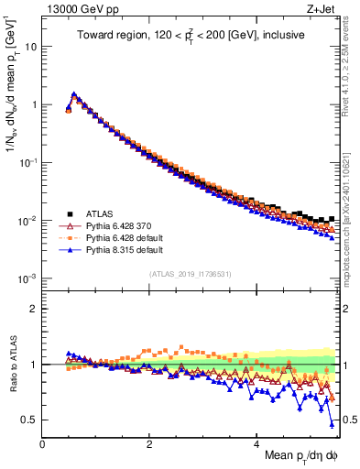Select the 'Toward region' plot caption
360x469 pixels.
[x=190, y=36]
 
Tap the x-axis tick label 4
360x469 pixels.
[x=256, y=443]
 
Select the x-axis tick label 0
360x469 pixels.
[x=42, y=443]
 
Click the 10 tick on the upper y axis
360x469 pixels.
[x=31, y=46]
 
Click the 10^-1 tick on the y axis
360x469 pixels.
[x=28, y=162]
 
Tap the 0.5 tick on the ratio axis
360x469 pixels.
[x=29, y=420]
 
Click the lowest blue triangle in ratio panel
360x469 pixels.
[x=332, y=423]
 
